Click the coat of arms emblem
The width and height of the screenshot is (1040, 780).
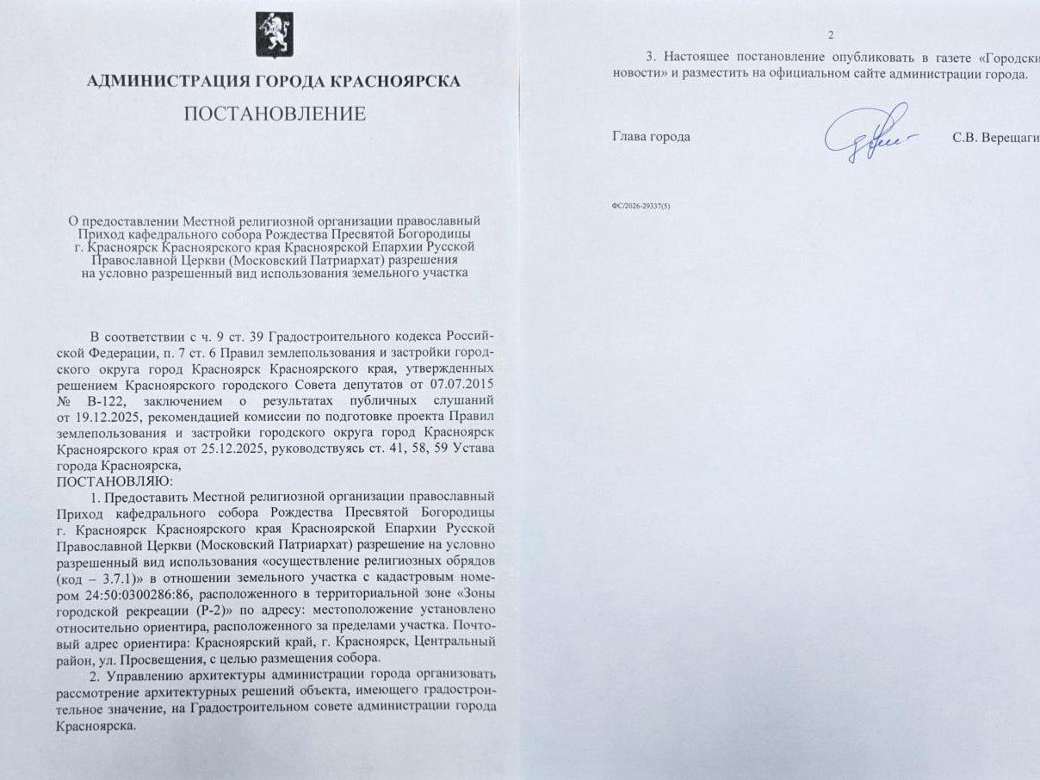point(273,35)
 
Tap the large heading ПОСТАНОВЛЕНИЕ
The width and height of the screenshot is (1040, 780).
point(273,114)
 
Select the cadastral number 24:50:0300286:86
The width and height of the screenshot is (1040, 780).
point(153,594)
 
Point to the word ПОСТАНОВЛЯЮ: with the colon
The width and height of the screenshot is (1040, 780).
point(115,480)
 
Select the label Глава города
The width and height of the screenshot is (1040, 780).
point(651,137)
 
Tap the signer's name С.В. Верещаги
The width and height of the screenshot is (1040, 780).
point(995,137)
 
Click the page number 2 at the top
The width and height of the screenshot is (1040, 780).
point(831,35)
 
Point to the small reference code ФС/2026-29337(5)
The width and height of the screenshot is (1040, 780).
point(641,207)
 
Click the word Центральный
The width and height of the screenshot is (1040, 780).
point(455,641)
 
